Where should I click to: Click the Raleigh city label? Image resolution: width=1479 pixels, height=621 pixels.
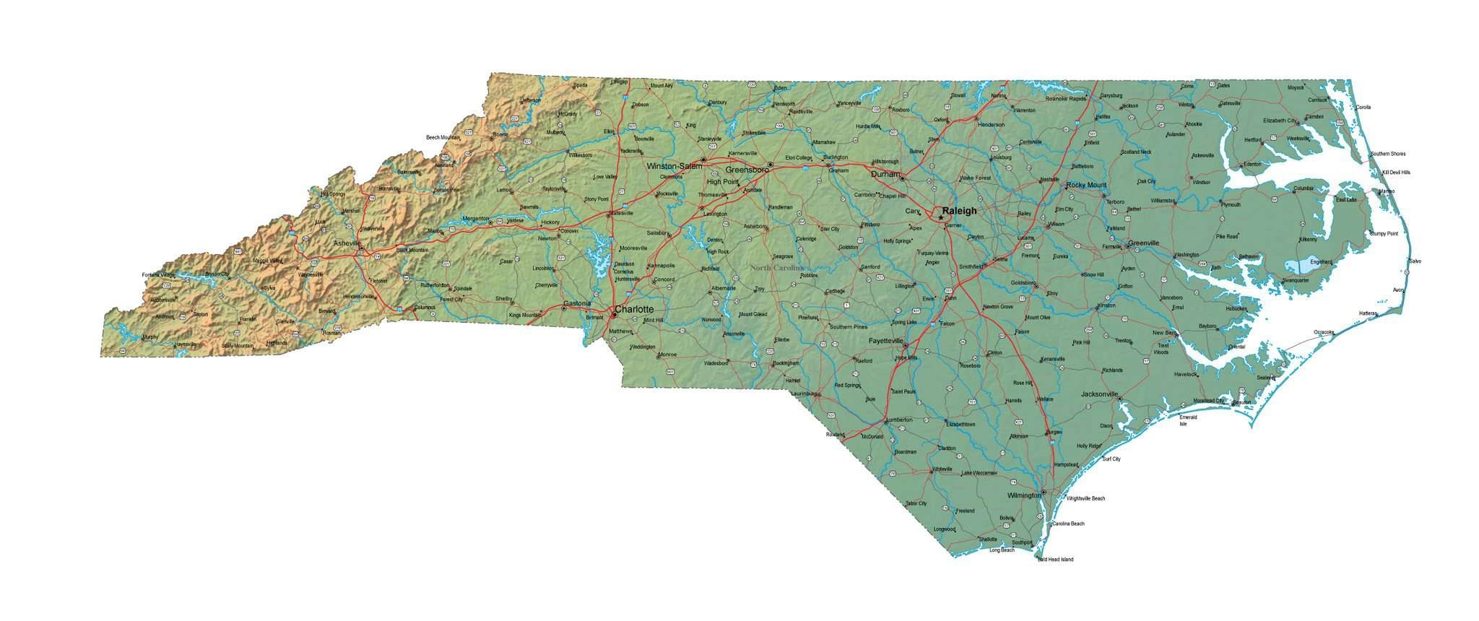click(959, 211)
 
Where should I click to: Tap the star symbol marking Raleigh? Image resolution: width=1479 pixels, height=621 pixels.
click(940, 217)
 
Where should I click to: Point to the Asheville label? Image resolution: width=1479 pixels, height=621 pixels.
click(347, 243)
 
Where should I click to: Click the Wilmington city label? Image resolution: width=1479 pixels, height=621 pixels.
click(1024, 495)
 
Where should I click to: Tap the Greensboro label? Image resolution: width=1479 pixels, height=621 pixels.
click(746, 170)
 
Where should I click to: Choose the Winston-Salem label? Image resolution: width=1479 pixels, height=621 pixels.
click(674, 166)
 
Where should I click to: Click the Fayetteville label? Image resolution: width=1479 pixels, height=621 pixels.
click(885, 340)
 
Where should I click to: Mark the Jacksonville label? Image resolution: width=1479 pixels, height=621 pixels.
click(1099, 394)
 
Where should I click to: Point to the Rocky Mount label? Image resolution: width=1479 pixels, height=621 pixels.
click(1085, 185)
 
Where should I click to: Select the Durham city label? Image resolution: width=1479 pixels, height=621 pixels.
click(885, 174)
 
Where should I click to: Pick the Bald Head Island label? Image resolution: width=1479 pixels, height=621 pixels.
click(1055, 560)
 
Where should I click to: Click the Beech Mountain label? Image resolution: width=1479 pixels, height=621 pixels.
click(443, 137)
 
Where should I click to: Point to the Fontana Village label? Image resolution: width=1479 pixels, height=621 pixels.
click(158, 275)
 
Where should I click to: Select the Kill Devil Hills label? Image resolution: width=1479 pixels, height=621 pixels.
click(1395, 173)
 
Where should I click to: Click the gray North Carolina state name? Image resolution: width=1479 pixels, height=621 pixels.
click(776, 267)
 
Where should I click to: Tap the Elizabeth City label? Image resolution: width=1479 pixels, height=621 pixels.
click(1280, 120)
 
